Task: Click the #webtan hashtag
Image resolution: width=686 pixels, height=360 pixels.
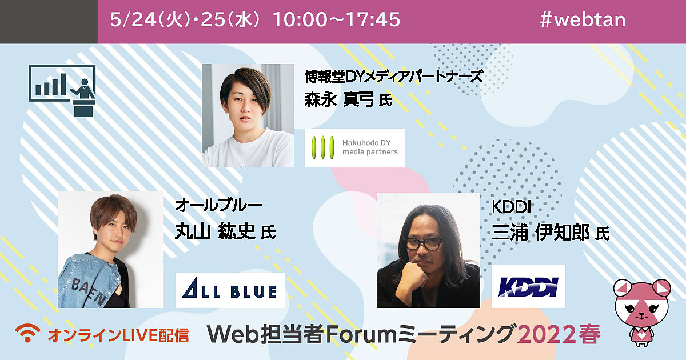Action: click(583, 20)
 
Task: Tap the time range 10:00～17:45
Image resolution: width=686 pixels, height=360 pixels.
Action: click(336, 19)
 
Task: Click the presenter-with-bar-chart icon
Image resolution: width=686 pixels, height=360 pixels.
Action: click(62, 91)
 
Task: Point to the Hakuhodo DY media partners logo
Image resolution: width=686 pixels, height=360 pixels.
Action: click(354, 147)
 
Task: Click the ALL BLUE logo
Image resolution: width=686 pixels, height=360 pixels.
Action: click(230, 290)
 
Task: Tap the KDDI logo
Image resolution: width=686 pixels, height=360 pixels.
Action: click(528, 286)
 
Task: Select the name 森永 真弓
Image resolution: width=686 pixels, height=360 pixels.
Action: click(338, 99)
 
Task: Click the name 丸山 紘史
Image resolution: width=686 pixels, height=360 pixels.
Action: click(215, 231)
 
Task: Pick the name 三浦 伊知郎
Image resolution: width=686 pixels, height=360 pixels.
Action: click(541, 233)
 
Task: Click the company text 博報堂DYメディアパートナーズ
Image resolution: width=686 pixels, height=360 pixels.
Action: click(394, 76)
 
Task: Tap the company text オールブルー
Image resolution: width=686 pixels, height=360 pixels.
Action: click(218, 205)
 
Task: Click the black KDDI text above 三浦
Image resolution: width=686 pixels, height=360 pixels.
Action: click(511, 207)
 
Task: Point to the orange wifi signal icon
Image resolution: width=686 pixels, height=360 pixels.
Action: click(27, 333)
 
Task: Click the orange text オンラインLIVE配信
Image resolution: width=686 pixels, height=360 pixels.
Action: click(118, 335)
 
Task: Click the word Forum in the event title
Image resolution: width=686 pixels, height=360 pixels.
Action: click(361, 334)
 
